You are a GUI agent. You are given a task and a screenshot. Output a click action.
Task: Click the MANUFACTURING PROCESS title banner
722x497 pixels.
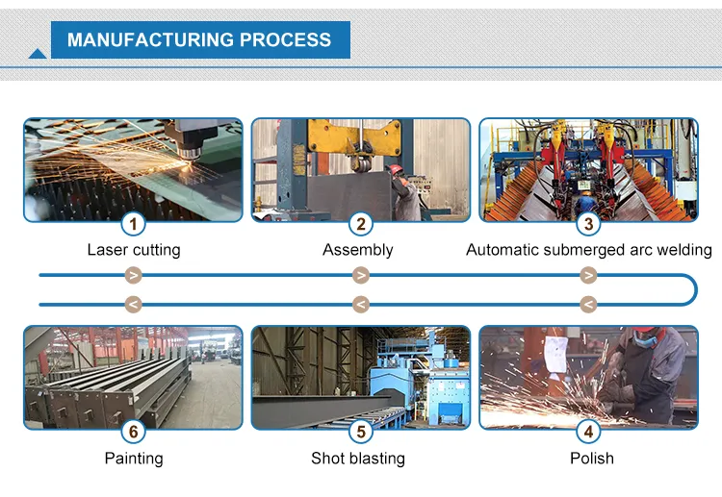point(199,40)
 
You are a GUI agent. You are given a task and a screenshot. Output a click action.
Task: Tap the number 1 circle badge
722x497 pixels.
point(134,225)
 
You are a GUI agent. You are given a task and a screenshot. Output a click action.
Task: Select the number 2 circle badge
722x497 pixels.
point(360,225)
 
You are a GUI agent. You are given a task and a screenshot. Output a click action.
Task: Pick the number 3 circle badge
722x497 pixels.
point(588,225)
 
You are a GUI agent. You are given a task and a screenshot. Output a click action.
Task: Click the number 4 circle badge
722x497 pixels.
point(588,432)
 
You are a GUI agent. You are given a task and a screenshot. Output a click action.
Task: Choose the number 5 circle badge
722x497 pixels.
point(360,432)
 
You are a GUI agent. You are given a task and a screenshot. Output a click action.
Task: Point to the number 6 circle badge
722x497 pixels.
point(134,432)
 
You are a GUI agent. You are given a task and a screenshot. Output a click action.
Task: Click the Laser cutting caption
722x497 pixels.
point(134,250)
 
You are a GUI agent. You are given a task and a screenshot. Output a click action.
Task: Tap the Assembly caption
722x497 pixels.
point(358,250)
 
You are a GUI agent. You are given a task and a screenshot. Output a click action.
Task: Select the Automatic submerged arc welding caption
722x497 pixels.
point(589,250)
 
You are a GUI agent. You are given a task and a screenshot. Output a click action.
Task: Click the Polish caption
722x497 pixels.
point(591,459)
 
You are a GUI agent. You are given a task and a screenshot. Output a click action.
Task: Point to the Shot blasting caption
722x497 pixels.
point(358,459)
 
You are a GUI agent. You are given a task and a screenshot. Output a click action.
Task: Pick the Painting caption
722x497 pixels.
point(134,459)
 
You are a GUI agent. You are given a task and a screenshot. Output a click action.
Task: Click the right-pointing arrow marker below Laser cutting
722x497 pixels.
point(134,276)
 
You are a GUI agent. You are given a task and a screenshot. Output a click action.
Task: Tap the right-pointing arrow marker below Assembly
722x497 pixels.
point(361,276)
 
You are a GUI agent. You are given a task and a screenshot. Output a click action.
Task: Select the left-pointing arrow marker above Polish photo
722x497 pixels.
point(588,305)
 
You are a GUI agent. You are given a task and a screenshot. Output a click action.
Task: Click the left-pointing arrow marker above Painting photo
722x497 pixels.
point(134,305)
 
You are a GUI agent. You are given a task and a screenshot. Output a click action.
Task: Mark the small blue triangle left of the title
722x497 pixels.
point(38,54)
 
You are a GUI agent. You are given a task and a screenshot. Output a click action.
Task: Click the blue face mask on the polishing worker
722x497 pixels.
point(649,340)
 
